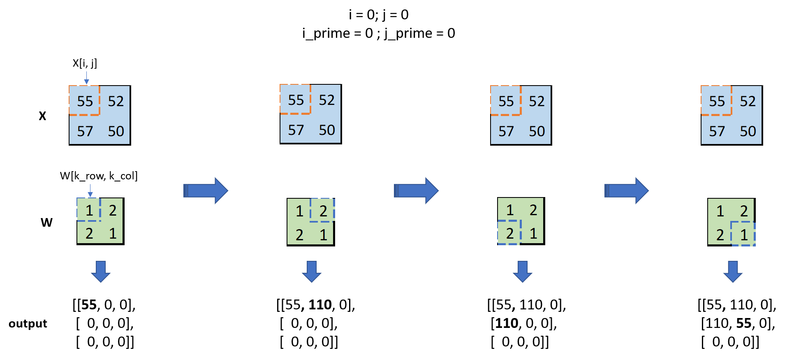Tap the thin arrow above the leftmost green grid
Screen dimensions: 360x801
point(90,191)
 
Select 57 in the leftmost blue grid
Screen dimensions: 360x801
point(85,131)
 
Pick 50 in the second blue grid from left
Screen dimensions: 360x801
point(327,130)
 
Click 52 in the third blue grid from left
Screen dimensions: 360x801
point(537,101)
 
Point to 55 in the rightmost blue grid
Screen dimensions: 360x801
point(717,101)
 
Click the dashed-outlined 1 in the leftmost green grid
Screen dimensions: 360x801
point(89,210)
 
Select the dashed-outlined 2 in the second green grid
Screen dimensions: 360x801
point(323,211)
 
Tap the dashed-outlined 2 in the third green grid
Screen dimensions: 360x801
point(509,233)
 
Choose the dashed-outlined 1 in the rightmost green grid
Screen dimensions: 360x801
point(743,235)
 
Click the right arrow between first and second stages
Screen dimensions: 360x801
point(206,190)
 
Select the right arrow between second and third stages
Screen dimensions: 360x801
point(416,190)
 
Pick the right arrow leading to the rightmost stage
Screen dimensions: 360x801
point(627,190)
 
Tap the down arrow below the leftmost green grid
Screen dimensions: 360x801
point(101,272)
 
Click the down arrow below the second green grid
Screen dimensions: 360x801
point(312,272)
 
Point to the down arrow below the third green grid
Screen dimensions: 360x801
point(523,272)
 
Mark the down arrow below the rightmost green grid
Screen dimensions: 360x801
point(733,272)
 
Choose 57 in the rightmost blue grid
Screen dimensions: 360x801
point(717,131)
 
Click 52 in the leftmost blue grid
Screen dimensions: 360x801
point(116,101)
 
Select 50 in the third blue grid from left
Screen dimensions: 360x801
point(537,131)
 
